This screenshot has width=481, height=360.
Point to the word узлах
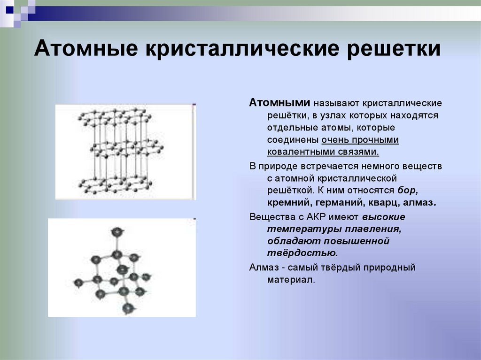pyautogui.click(x=322, y=115)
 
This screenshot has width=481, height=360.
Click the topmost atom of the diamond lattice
pyautogui.click(x=116, y=231)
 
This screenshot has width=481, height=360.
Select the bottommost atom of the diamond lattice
pyautogui.click(x=128, y=308)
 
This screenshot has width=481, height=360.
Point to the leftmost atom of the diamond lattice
pyautogui.click(x=78, y=282)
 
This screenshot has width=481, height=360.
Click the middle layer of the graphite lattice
pyautogui.click(x=126, y=149)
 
